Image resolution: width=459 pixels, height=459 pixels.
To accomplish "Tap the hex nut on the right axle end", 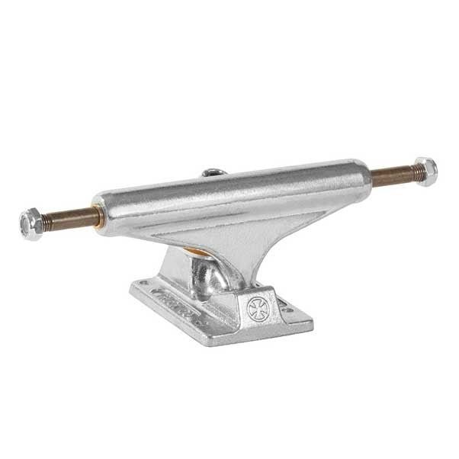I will [425, 171].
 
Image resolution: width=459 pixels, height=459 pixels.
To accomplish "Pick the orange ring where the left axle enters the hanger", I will [97, 216].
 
